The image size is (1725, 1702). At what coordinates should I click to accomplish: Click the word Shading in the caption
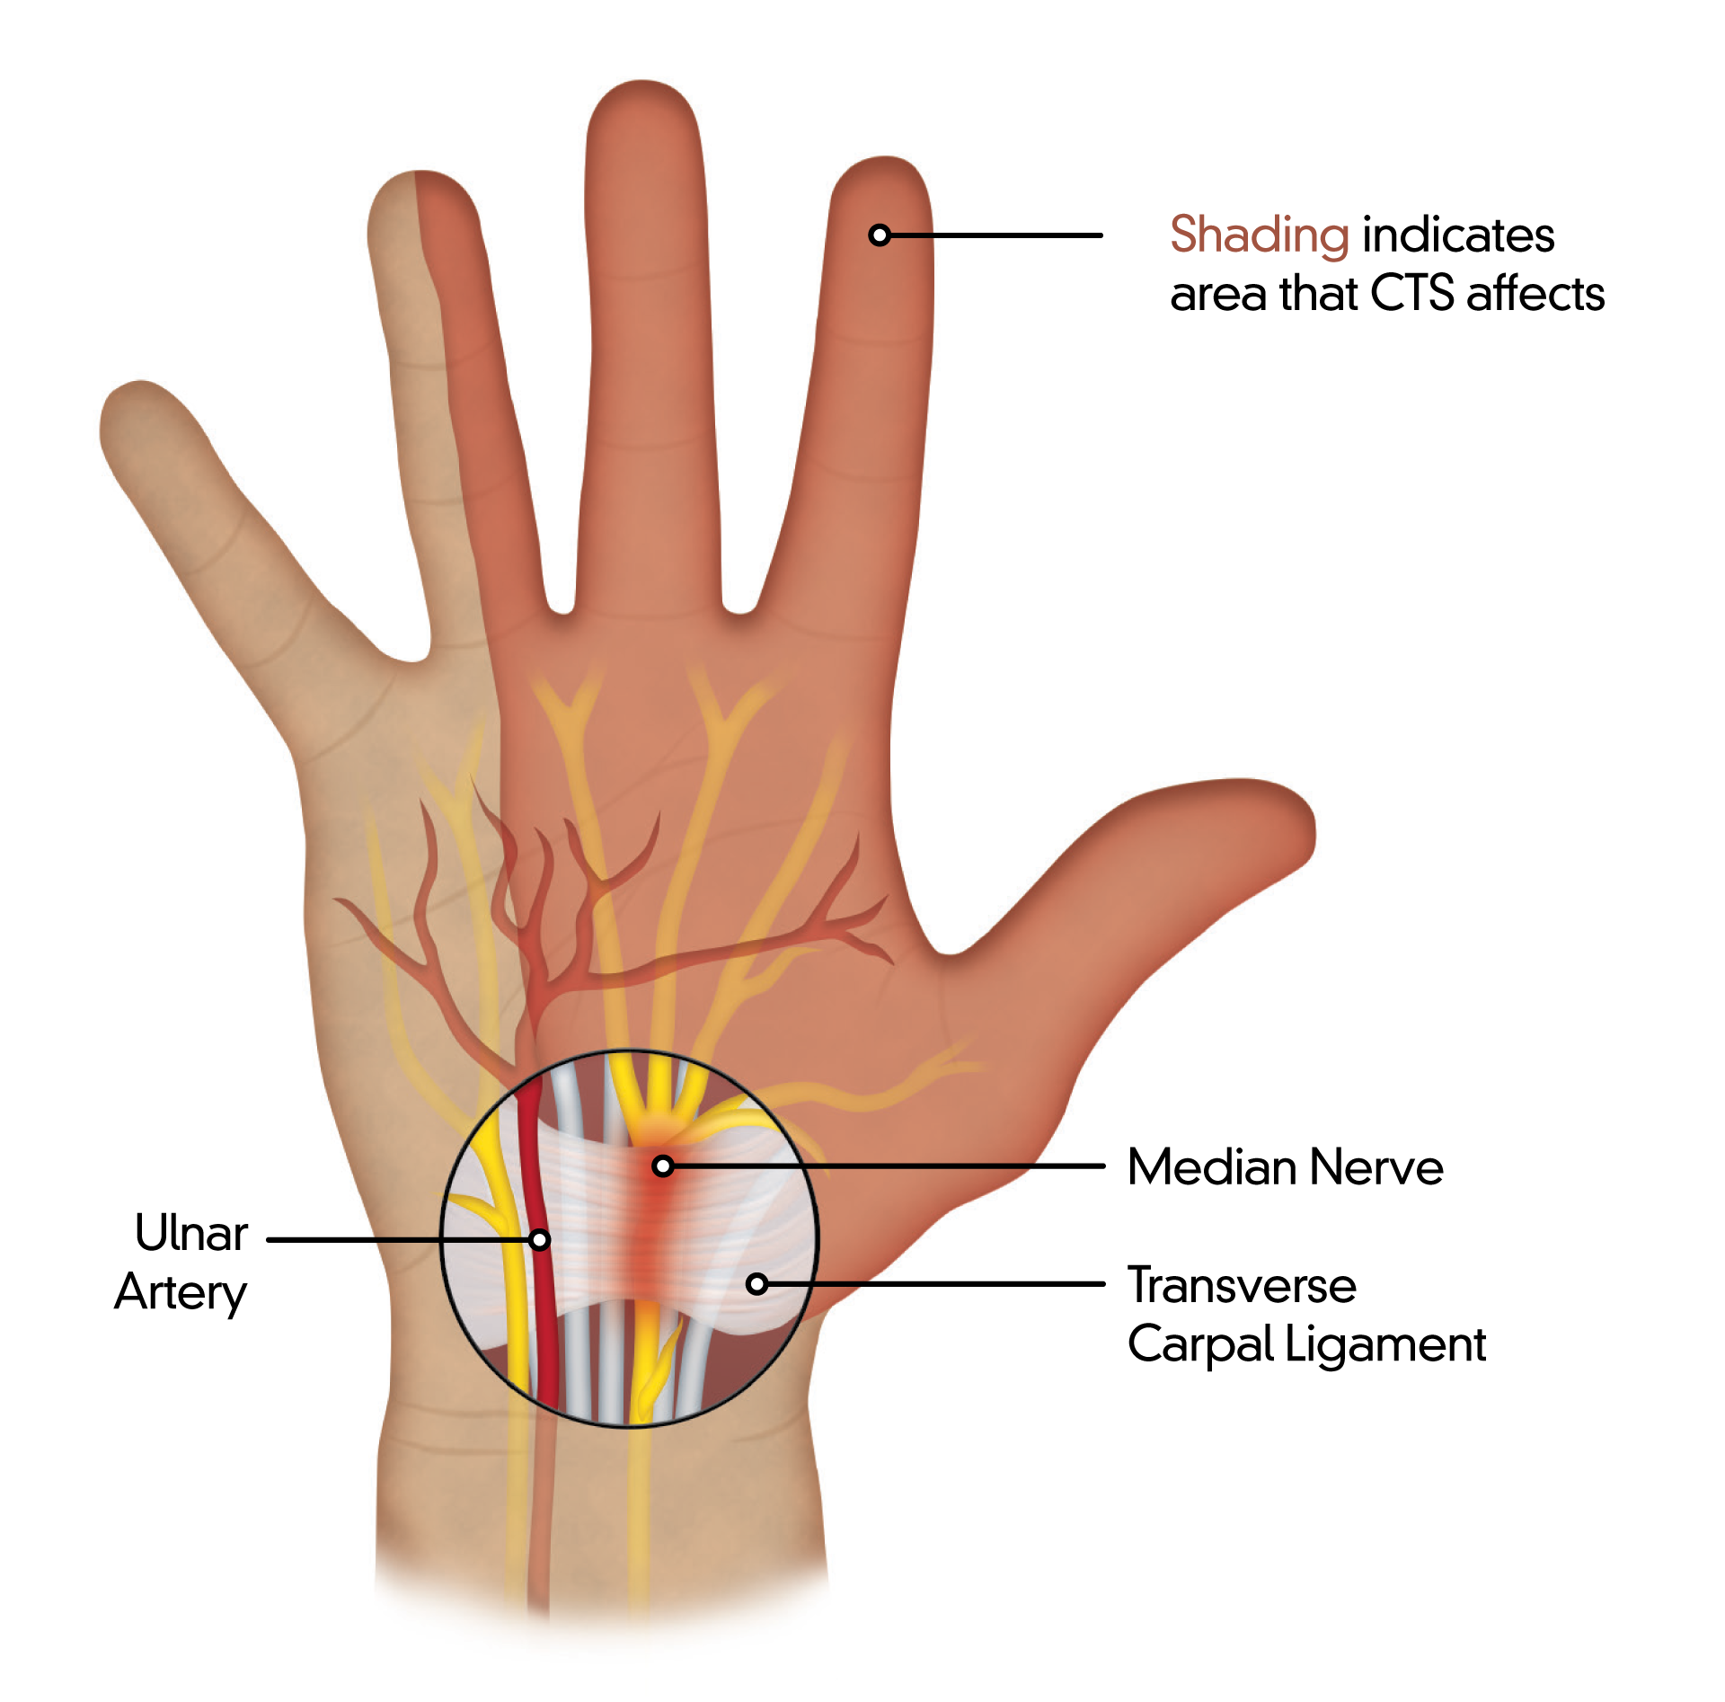[x=1259, y=236]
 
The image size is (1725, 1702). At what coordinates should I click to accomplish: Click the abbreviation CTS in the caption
[x=1412, y=294]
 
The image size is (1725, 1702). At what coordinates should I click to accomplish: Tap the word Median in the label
[x=1213, y=1167]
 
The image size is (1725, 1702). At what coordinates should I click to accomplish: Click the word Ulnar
[x=191, y=1233]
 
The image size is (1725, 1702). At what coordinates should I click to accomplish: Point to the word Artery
[x=181, y=1294]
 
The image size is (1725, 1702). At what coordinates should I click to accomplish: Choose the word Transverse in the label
[x=1243, y=1285]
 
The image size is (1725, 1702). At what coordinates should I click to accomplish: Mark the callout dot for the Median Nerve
[x=663, y=1166]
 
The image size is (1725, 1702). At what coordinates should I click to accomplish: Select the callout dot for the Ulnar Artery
[x=539, y=1240]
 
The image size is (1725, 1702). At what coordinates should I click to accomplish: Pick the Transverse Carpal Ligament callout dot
[x=757, y=1284]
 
